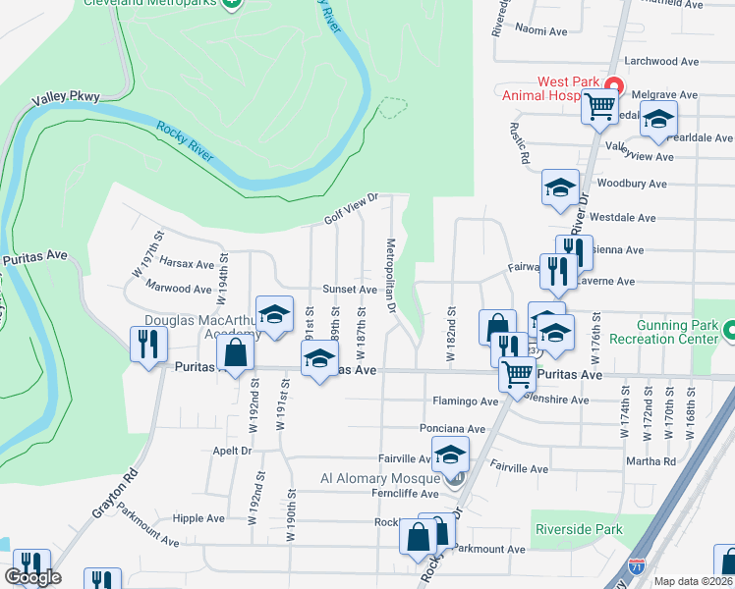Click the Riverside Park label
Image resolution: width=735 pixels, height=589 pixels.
[x=580, y=529]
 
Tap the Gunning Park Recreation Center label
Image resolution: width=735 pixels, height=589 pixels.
[x=664, y=332]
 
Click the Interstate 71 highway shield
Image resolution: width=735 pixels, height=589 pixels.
[x=637, y=566]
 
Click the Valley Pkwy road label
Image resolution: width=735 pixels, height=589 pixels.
[x=60, y=99]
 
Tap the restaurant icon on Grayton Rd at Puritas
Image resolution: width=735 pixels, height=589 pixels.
[x=148, y=345]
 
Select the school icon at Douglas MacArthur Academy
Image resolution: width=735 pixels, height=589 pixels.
[x=275, y=314]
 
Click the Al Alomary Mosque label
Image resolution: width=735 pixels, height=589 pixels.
[x=384, y=479]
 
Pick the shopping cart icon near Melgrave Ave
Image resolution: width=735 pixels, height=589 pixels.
[x=599, y=106]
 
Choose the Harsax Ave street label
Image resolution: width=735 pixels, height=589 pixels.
[x=187, y=264]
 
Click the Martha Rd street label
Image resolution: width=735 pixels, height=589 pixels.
[x=655, y=461]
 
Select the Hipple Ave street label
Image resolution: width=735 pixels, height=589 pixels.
[x=199, y=518]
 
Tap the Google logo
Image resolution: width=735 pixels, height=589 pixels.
[x=32, y=578]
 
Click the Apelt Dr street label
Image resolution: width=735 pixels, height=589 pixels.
[x=232, y=452]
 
